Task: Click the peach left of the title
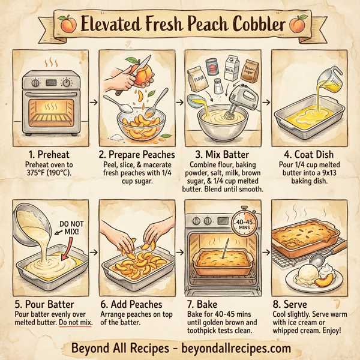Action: coord(69,26)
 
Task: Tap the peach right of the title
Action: coord(296,26)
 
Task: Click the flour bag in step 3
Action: coord(196,77)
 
